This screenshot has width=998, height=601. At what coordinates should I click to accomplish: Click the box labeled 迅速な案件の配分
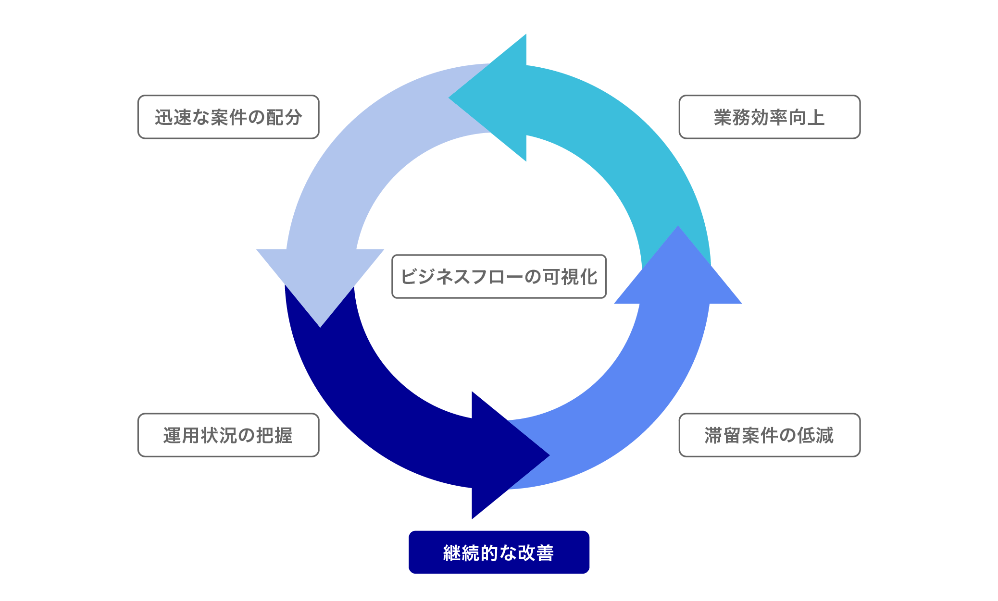coord(228,117)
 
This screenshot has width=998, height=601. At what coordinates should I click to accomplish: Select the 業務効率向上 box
coord(769,117)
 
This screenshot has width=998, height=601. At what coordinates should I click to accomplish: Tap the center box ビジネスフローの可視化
coord(499,276)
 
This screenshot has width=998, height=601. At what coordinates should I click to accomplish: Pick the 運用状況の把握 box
coord(228,435)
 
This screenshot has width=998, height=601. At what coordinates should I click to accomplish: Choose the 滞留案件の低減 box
coord(769,435)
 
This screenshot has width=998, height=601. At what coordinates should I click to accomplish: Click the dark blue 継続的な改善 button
coord(499,552)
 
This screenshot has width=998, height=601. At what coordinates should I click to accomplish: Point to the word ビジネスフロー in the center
coord(462,277)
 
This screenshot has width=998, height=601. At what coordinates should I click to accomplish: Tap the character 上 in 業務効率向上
coord(816,117)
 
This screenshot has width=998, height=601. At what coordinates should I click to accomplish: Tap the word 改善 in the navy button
coord(536,552)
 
